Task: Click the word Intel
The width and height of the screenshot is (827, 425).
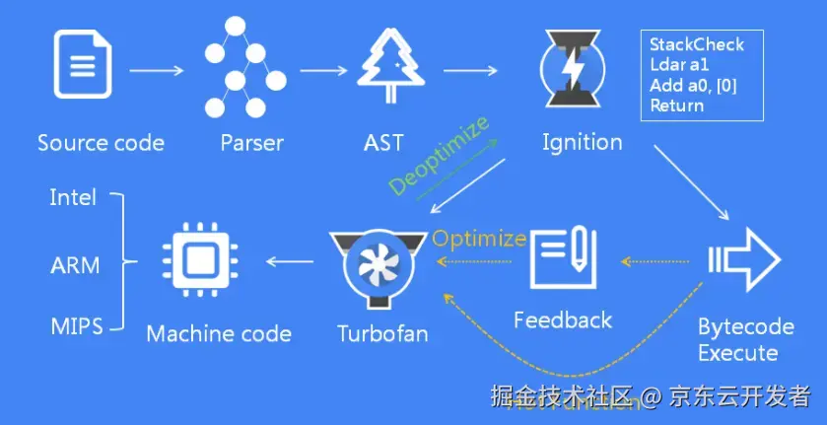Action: [73, 198]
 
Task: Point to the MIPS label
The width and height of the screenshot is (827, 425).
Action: [76, 325]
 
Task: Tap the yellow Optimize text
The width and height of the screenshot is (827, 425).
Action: [479, 238]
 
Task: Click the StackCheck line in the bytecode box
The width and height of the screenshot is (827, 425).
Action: [697, 44]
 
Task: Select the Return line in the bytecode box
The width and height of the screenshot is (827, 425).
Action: [677, 106]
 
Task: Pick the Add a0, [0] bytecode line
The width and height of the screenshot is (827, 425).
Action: [694, 86]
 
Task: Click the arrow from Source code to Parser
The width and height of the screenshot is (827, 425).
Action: [157, 71]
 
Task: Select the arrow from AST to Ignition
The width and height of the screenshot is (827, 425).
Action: [470, 71]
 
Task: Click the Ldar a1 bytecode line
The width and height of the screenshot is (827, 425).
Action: [679, 65]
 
